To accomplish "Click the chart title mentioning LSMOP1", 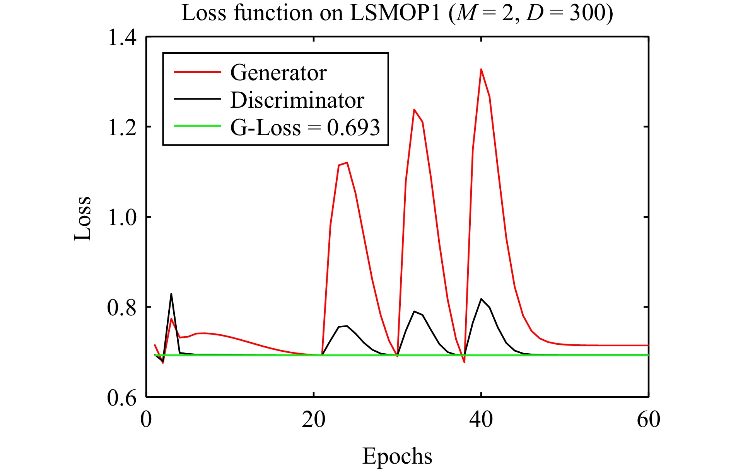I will pos(397,13).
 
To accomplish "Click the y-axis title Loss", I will pos(83,218).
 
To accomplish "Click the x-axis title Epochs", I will pos(397,456).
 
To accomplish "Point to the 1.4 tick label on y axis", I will pos(122,38).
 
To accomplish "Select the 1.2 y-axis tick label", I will pos(122,127).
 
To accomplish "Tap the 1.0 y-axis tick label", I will pos(122,217).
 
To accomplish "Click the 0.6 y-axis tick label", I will pos(122,397).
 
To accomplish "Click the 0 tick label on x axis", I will pos(146,419).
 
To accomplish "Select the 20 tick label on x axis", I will pos(313,419).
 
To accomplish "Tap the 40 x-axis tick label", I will pos(481,419).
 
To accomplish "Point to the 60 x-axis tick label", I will pos(648,419).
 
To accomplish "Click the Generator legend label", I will pos(278,72).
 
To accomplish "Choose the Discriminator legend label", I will pos(297,100).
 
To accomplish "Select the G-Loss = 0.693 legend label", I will pos(305,127).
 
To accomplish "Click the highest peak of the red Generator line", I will pos(481,69).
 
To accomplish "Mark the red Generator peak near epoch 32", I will pos(414,110).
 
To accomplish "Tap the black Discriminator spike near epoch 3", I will pos(171,294).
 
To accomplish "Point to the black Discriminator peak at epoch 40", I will pos(481,299).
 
